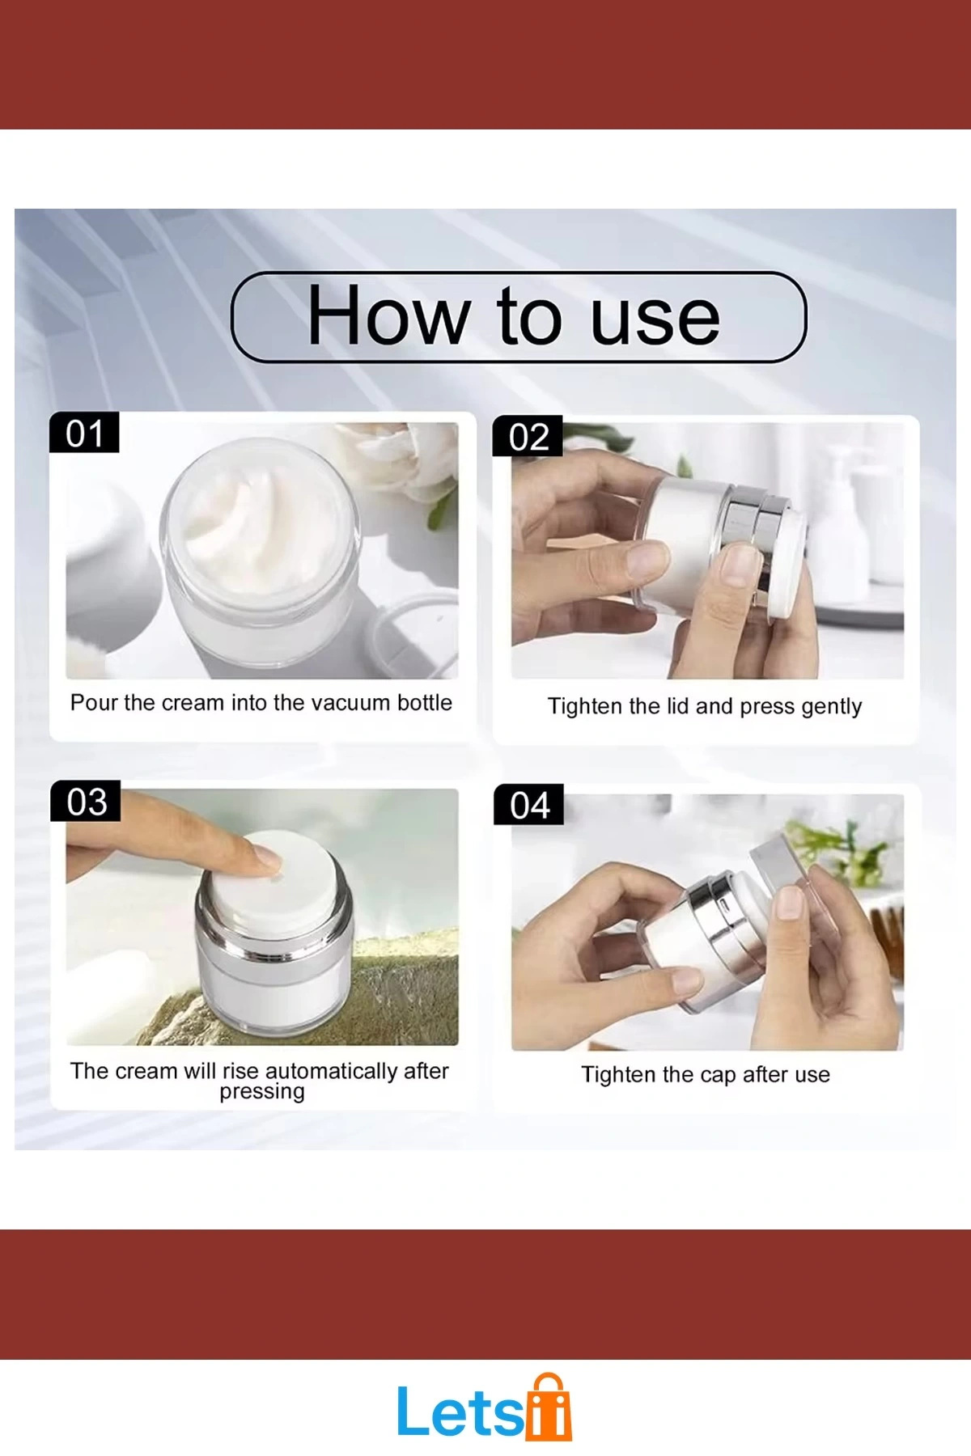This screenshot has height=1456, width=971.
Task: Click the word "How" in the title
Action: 388,315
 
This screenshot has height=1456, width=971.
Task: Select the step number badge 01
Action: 84,433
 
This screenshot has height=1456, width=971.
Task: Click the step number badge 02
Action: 528,436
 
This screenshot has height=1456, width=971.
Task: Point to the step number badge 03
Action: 86,801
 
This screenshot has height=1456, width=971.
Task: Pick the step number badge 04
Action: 529,805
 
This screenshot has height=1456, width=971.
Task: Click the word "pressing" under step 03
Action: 262,1093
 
